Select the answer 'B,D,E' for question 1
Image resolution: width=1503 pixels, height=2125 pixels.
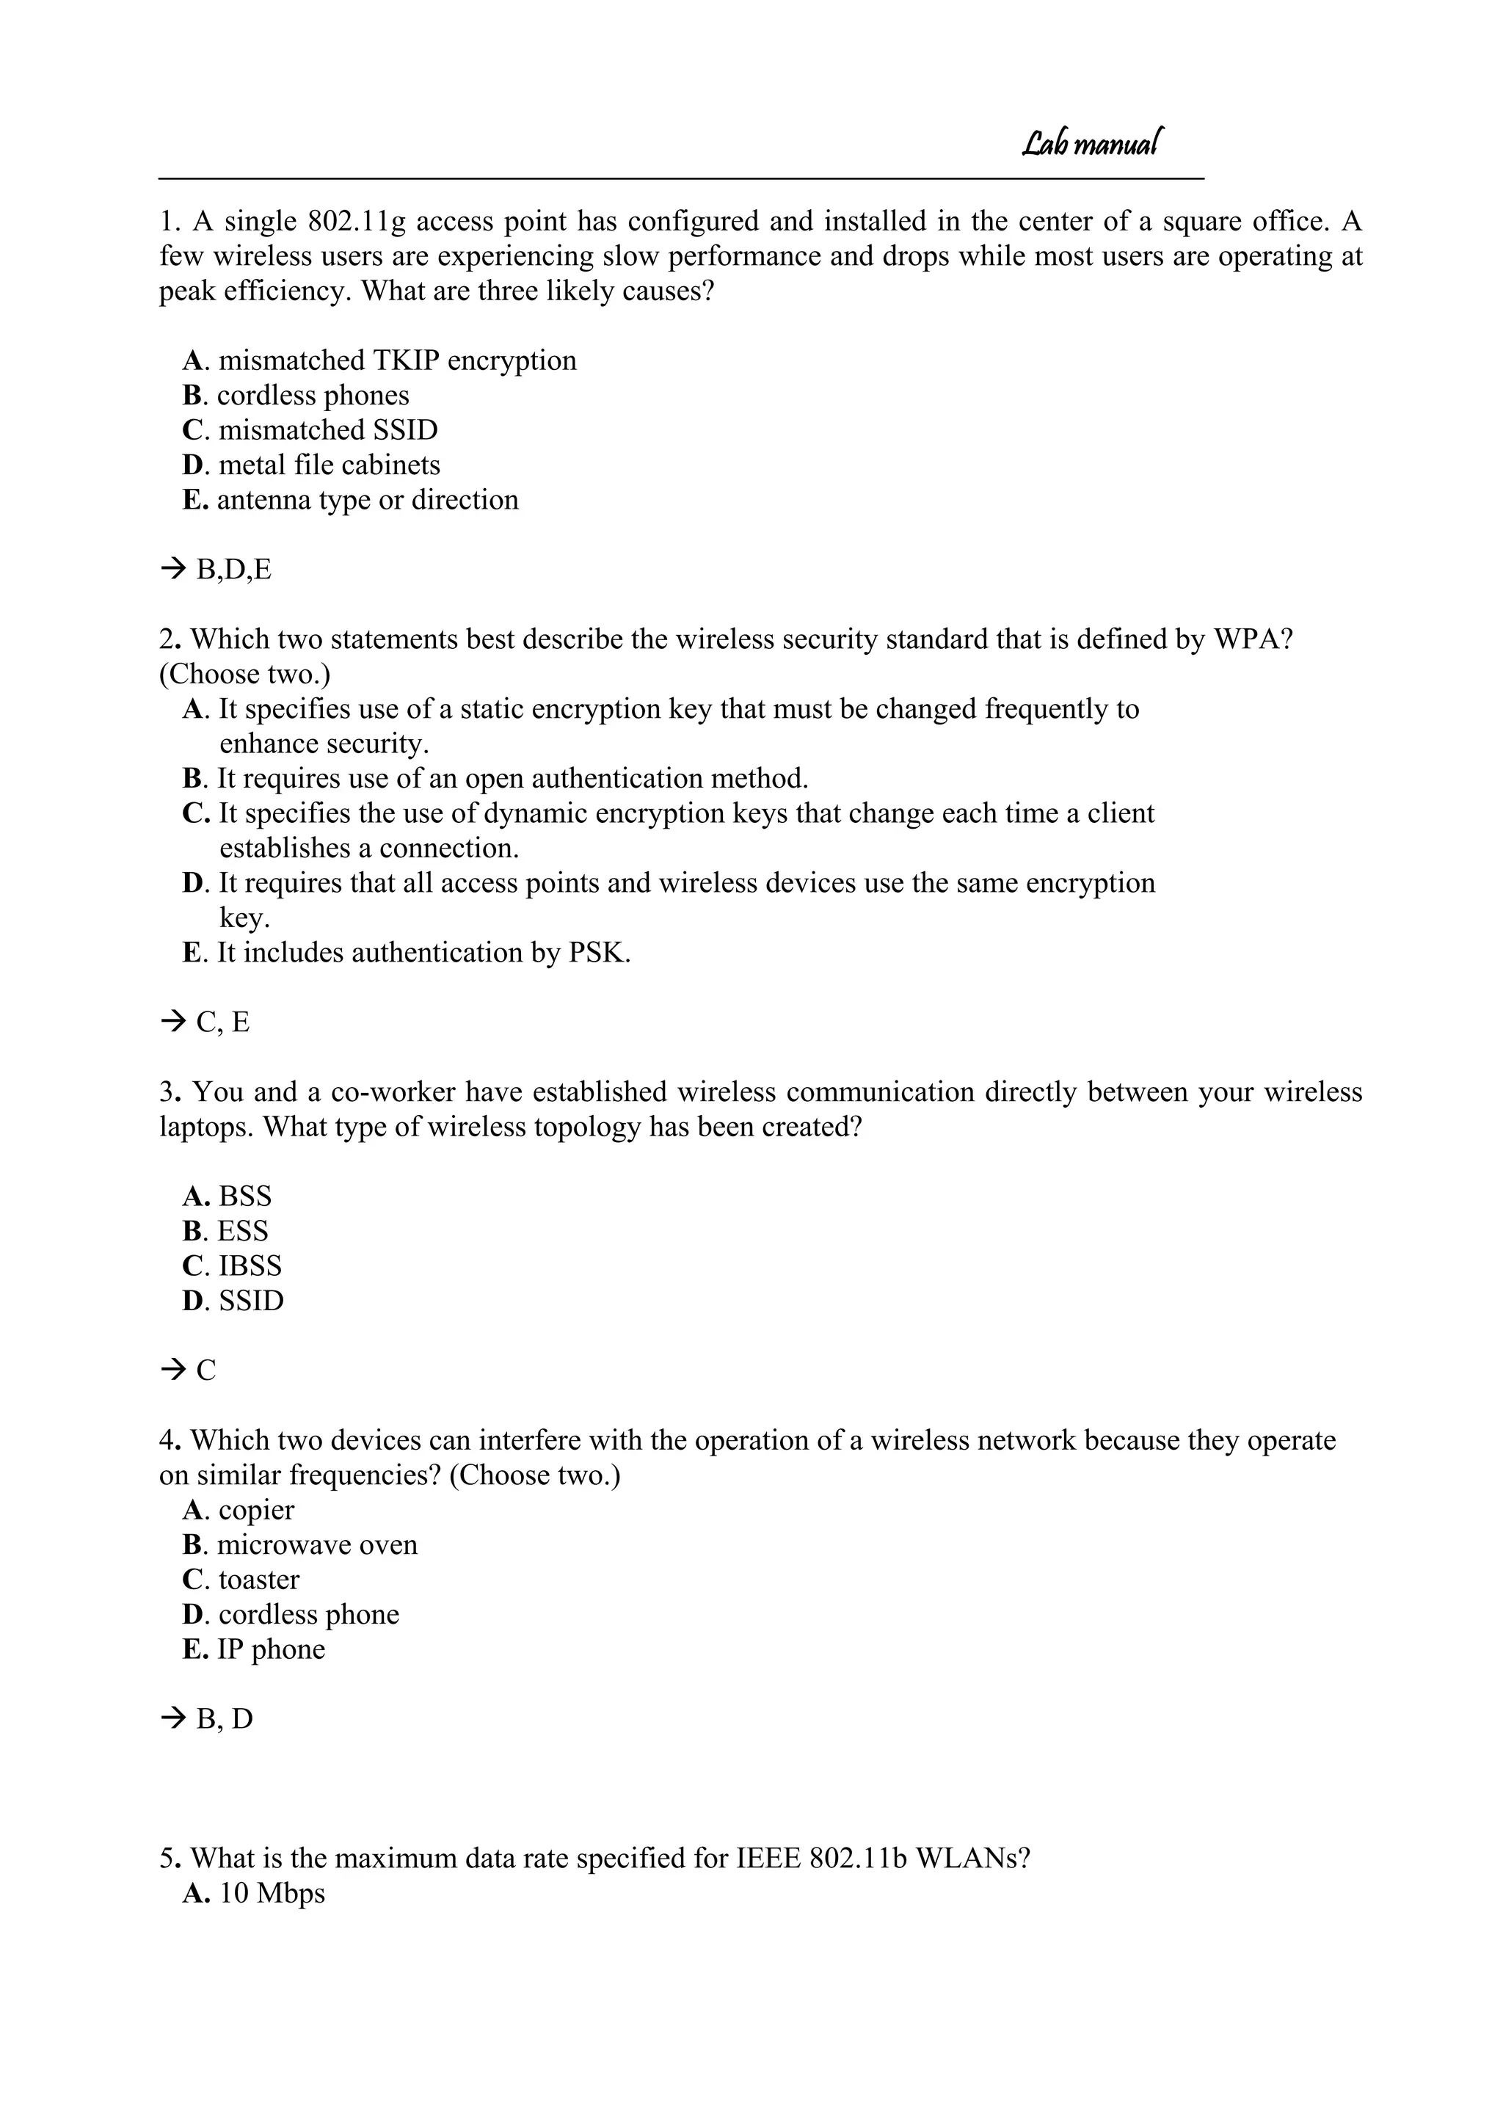pos(233,569)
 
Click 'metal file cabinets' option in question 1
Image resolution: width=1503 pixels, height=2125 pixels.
pos(329,465)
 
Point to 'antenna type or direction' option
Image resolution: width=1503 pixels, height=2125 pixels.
pos(368,500)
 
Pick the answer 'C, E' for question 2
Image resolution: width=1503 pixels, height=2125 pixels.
pos(223,1022)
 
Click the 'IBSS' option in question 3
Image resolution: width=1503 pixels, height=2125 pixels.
pos(250,1265)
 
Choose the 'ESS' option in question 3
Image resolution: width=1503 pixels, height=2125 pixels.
pos(242,1231)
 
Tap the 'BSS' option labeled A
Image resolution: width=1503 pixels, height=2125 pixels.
pos(245,1196)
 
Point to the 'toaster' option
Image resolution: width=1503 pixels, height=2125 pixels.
pos(259,1579)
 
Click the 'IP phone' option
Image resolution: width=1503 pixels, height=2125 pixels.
pos(271,1649)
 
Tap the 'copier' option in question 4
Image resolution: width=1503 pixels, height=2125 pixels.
pos(256,1510)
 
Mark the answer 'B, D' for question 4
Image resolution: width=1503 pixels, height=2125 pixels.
pos(224,1718)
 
